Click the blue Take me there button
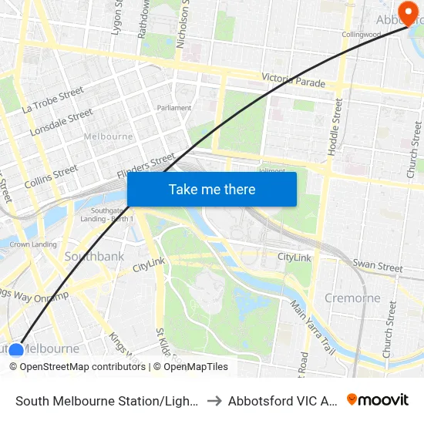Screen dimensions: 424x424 click(x=212, y=189)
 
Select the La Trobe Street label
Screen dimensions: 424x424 click(x=52, y=100)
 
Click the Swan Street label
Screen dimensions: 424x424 click(x=377, y=266)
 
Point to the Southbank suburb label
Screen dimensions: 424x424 click(x=94, y=256)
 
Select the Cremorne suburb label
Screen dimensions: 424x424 click(x=352, y=298)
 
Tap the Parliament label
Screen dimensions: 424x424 click(x=173, y=108)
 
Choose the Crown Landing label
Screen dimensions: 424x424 click(x=32, y=244)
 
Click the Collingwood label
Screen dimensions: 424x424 click(x=362, y=35)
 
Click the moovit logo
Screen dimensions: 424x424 click(x=378, y=399)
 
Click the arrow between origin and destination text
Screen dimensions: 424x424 click(x=214, y=400)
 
